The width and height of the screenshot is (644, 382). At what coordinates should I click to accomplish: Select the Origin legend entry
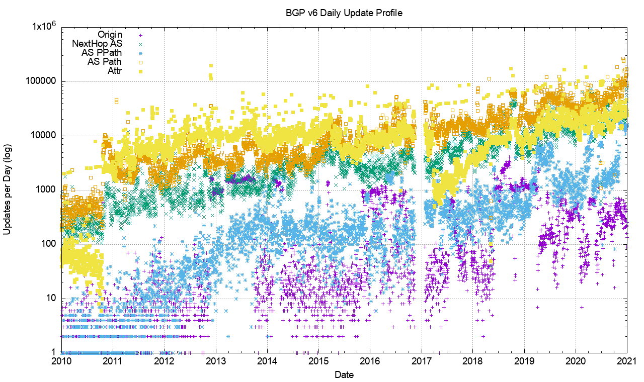point(110,35)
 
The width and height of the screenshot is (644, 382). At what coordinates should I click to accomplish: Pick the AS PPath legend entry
point(102,53)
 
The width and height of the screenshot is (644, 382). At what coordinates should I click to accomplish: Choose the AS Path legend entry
point(104,62)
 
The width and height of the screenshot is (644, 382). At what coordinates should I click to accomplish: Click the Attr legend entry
point(114,71)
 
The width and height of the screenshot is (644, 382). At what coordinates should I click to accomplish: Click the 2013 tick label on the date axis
point(216,361)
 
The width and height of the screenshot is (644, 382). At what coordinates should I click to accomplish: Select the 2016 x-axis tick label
point(370,361)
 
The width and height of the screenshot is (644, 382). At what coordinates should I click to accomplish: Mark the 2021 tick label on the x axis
point(626,361)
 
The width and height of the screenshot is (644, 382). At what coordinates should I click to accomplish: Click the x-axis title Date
point(344,374)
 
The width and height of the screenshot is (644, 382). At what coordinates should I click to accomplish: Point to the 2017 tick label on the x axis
point(421,361)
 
